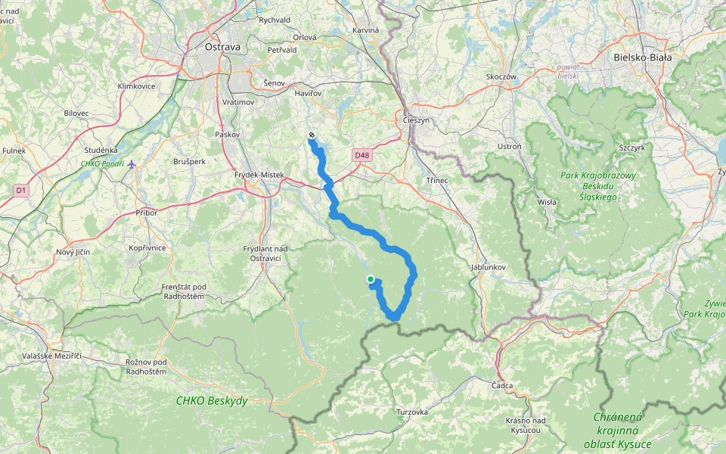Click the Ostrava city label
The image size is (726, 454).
[x=222, y=47]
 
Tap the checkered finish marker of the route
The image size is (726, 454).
[x=312, y=135]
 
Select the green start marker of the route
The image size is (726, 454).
[x=370, y=280]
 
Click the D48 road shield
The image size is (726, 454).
[x=361, y=155]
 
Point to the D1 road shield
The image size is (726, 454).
[x=20, y=191]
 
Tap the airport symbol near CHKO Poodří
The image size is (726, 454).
[x=132, y=163]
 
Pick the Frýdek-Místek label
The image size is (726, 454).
[x=260, y=175]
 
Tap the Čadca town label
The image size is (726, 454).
[x=502, y=386]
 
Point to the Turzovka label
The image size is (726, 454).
[x=412, y=412]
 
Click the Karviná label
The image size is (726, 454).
[x=365, y=30]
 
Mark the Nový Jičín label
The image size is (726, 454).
[x=73, y=252]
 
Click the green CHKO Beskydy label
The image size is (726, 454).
[x=211, y=400]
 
